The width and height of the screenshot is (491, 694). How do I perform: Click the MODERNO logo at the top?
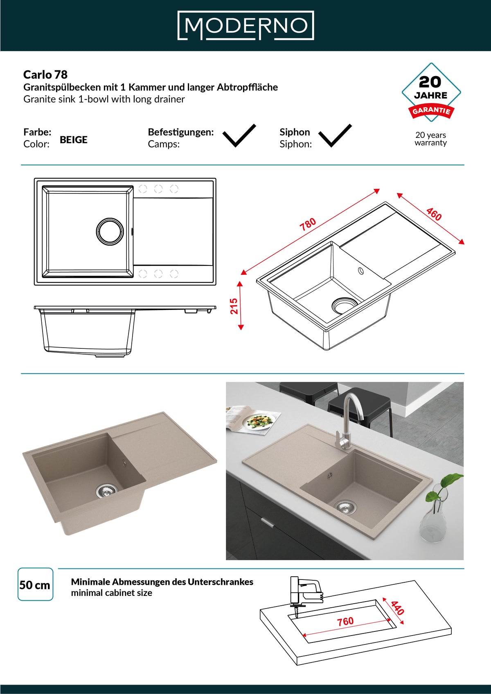click(245, 25)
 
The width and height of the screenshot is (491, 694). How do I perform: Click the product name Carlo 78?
click(45, 75)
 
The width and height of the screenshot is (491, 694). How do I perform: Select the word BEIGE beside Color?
click(74, 140)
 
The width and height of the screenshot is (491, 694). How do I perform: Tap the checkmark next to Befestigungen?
click(239, 136)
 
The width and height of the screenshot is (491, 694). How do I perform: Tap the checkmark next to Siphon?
click(335, 136)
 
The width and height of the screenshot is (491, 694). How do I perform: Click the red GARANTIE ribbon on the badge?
click(431, 111)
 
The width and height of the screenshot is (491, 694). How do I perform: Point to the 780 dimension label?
click(308, 224)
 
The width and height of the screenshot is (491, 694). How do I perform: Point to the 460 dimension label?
click(434, 214)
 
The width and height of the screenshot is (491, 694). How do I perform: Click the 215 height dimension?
click(234, 306)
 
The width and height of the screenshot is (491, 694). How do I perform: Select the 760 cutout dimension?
click(345, 621)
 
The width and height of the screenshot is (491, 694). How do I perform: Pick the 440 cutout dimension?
click(397, 608)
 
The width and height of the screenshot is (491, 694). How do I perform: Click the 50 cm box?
click(35, 584)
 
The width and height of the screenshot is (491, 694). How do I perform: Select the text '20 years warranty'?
click(430, 139)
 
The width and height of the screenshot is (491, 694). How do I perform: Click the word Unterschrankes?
click(220, 582)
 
